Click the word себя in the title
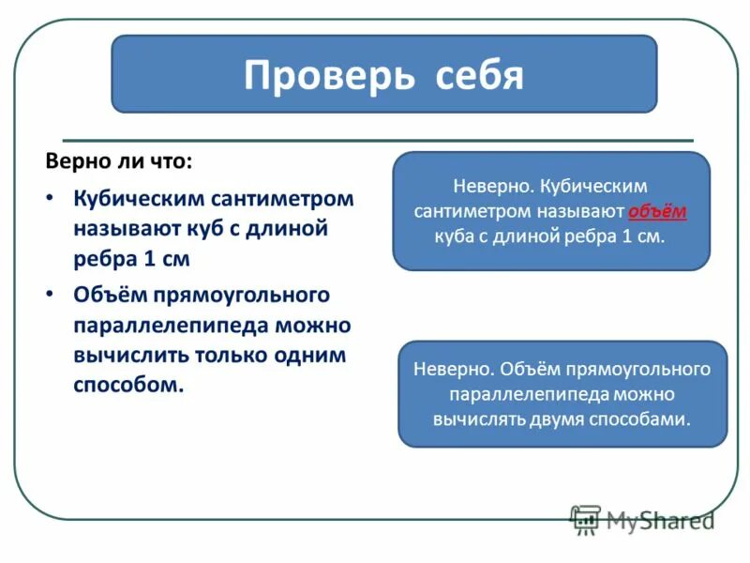pyautogui.click(x=479, y=75)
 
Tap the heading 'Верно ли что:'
pyautogui.click(x=119, y=160)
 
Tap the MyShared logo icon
pyautogui.click(x=586, y=519)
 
